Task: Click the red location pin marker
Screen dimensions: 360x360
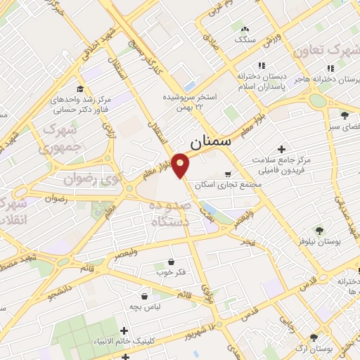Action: (x=180, y=165)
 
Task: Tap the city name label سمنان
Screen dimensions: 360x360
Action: (x=210, y=141)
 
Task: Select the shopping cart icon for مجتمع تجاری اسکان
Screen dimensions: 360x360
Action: (x=227, y=174)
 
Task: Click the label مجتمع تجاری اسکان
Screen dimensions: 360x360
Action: (x=226, y=184)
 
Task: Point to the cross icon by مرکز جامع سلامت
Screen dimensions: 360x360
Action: (x=281, y=150)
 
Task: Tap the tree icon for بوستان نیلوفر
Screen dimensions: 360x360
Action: (x=319, y=230)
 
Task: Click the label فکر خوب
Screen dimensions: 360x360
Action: (x=172, y=272)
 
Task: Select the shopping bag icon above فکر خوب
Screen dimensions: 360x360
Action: (x=171, y=262)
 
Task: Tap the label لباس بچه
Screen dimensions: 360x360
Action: (x=143, y=307)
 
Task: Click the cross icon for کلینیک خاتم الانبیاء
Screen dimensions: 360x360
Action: (x=124, y=330)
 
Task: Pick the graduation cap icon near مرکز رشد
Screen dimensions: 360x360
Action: (x=80, y=89)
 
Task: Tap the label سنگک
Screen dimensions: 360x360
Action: (x=245, y=39)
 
